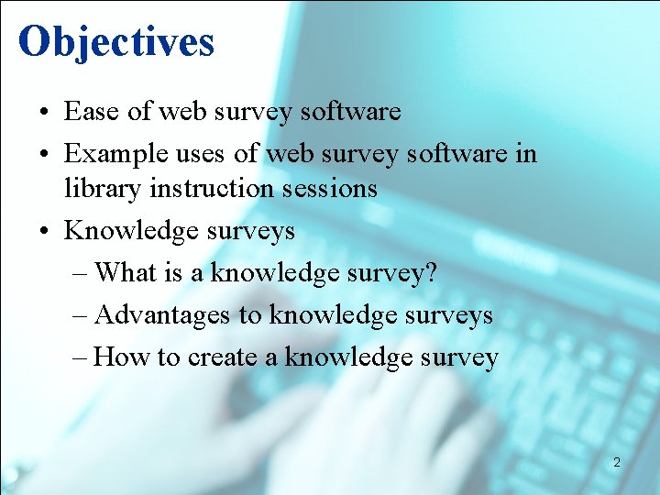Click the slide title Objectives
tap(115, 41)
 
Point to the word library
tap(102, 189)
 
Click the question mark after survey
tap(432, 272)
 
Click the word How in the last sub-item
tap(122, 357)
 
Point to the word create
tap(222, 357)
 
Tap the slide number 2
tap(617, 463)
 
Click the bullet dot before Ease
tap(44, 113)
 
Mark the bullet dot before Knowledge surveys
tap(44, 231)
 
